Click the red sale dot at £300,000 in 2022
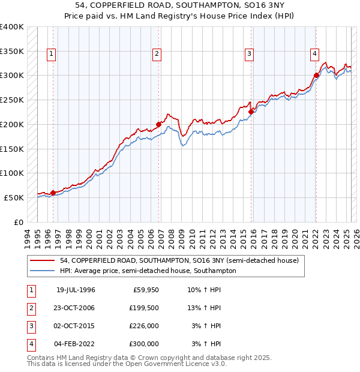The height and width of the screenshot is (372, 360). click(316, 76)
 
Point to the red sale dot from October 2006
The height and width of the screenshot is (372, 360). click(159, 125)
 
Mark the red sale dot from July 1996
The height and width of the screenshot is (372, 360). click(53, 193)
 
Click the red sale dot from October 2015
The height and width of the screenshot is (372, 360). click(251, 112)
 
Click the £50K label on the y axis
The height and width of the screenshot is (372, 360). click(14, 197)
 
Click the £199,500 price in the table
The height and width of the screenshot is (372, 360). click(144, 308)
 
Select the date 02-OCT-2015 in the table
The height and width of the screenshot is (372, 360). click(75, 326)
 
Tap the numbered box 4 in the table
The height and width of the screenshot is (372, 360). click(30, 344)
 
